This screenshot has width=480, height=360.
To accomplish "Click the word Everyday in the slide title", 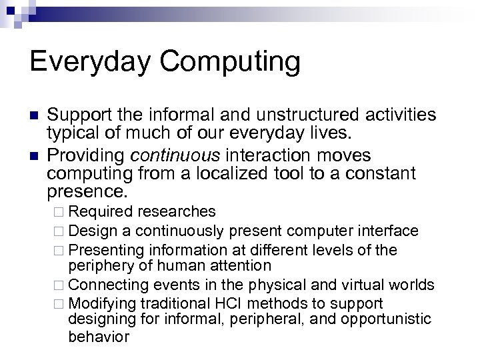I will pyautogui.click(x=91, y=62).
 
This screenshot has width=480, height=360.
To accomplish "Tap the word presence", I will pyautogui.click(x=86, y=193).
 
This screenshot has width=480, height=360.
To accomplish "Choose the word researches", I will pyautogui.click(x=176, y=211).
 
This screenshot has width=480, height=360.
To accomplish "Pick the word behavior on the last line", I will pyautogui.click(x=98, y=336).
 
